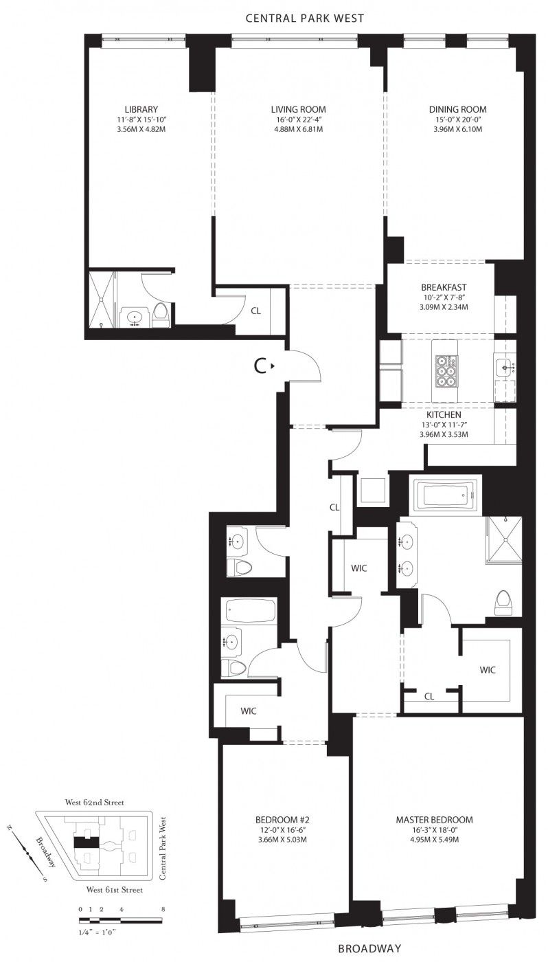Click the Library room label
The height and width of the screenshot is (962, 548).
click(141, 109)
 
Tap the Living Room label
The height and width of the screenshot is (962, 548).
click(298, 109)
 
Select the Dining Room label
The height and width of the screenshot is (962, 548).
click(457, 109)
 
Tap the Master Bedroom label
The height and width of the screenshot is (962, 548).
click(434, 819)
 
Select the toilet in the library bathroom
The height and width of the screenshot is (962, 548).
click(161, 315)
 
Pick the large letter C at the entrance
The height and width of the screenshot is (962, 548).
click(260, 366)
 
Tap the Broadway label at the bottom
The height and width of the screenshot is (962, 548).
click(369, 948)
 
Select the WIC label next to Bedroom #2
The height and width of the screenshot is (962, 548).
click(249, 711)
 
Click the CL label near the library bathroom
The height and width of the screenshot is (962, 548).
click(255, 311)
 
